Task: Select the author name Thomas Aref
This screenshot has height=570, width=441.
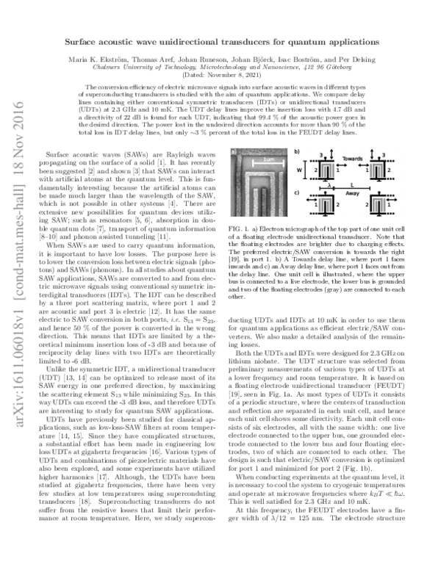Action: (165, 59)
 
